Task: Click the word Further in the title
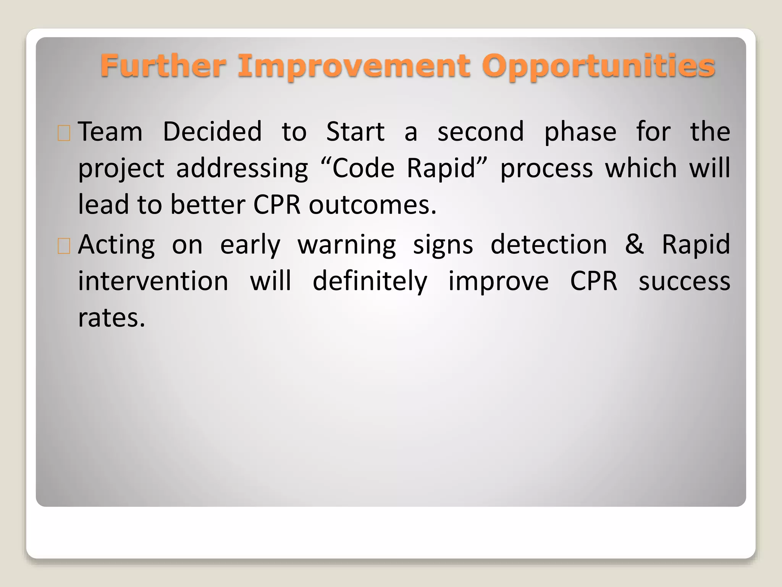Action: point(163,66)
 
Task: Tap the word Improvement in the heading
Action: point(354,66)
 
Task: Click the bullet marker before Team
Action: point(64,133)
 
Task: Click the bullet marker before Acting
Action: point(64,246)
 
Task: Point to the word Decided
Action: point(212,131)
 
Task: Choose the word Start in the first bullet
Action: point(355,131)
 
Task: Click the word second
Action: point(480,131)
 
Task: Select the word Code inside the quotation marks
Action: point(363,168)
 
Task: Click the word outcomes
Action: point(372,205)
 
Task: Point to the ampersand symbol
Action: point(634,245)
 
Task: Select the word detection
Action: point(548,245)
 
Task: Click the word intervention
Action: point(153,281)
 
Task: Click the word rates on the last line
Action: point(111,318)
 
